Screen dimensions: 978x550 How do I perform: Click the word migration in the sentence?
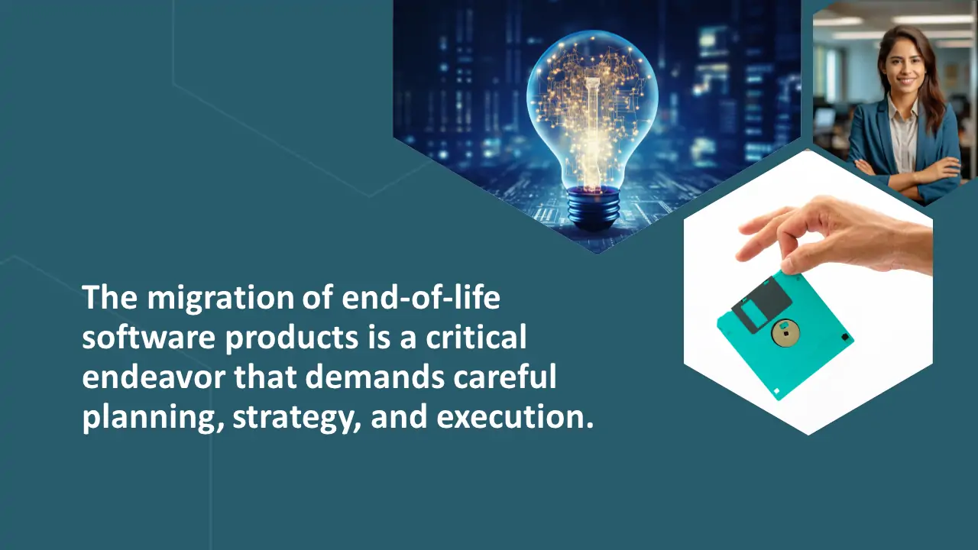(x=221, y=298)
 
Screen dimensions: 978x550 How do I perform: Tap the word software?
(x=148, y=337)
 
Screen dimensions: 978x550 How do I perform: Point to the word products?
(x=292, y=338)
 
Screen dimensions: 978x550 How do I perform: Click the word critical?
(x=476, y=337)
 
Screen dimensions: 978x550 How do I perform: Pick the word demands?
(x=374, y=377)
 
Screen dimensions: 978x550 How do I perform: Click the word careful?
(x=505, y=377)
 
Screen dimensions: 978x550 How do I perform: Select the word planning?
(x=153, y=418)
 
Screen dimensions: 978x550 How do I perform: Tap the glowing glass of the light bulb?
(x=592, y=109)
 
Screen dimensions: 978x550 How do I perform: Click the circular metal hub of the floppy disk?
(x=785, y=332)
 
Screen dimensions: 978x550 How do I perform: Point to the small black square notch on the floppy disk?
(x=845, y=337)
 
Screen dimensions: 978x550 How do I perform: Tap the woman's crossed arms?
(x=908, y=173)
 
